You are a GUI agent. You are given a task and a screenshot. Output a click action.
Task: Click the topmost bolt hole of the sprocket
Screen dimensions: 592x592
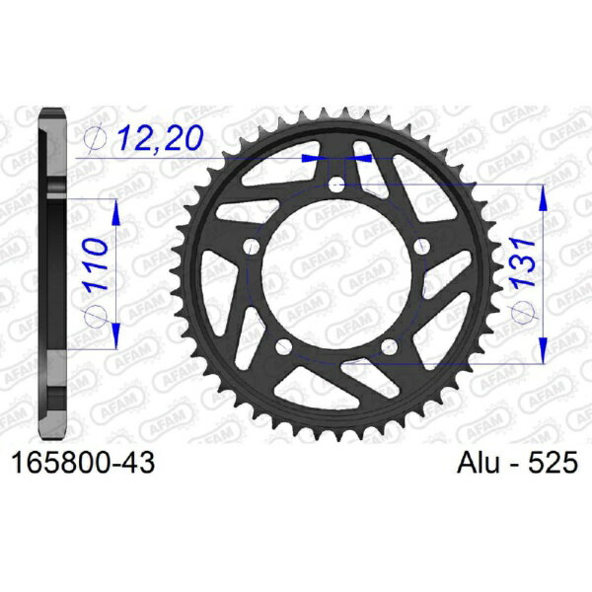click(336, 184)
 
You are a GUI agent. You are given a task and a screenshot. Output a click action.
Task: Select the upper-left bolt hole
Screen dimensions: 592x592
click(253, 246)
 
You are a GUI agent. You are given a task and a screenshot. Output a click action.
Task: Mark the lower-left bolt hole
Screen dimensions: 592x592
click(284, 344)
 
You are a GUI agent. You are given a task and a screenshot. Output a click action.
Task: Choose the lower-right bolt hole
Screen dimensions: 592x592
click(389, 344)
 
